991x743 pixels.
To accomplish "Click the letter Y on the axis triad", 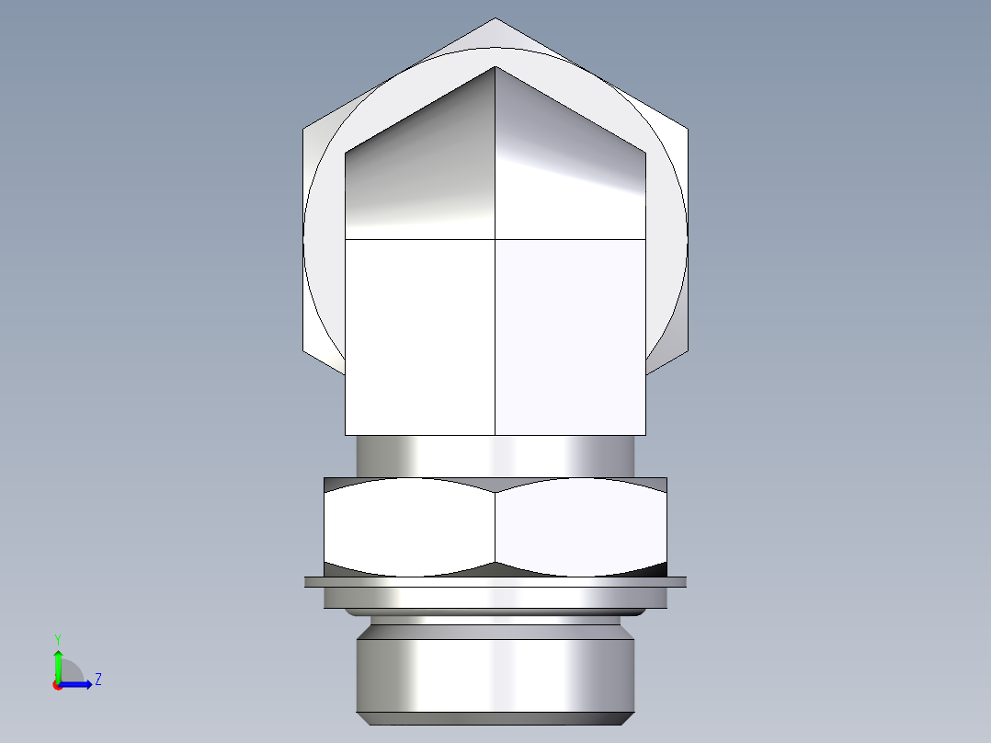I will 57,637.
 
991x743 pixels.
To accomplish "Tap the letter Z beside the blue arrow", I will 97,680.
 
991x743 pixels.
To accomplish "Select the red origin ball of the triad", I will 57,685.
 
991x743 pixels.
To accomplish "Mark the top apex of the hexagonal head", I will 495,20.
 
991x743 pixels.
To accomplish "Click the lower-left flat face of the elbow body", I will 420,336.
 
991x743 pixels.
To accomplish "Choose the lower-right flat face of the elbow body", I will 570,336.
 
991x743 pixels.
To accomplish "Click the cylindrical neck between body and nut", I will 495,455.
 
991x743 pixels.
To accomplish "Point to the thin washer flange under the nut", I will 495,581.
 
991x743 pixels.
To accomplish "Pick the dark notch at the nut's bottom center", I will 495,568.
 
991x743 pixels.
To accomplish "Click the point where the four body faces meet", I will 495,239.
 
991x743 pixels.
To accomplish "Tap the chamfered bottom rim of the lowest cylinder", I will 495,718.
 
